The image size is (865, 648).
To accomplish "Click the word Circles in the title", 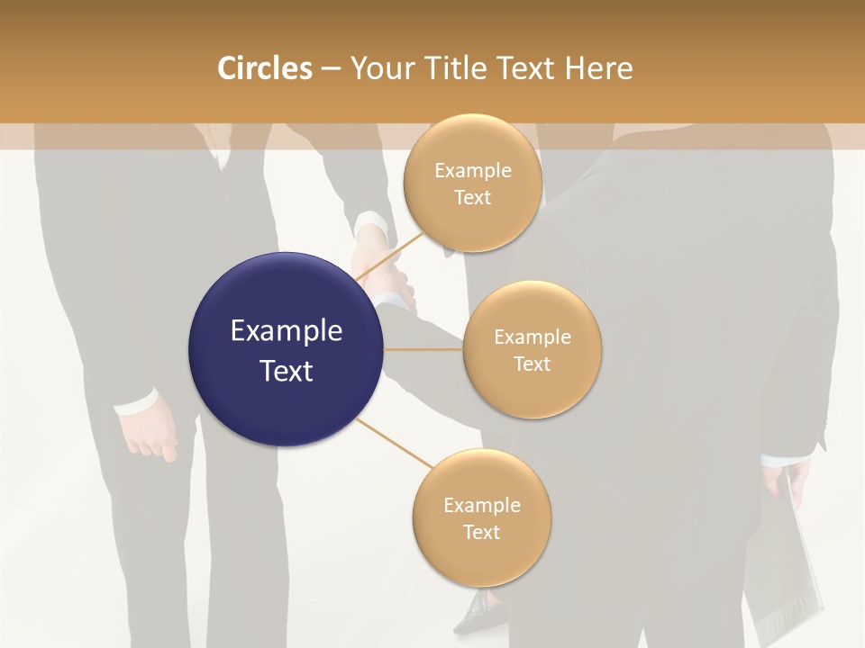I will coord(264,68).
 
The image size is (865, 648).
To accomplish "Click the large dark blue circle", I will coord(286,349).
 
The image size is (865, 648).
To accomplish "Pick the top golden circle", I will coord(472,183).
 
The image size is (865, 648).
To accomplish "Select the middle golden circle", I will coord(533,349).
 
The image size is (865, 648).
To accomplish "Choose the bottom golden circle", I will coord(481,517).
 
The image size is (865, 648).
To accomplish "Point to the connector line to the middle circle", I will coord(423,349).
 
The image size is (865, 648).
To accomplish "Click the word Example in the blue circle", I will coord(286,331).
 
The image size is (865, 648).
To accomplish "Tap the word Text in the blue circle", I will coord(286,371).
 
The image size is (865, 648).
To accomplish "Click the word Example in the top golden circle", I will coord(472,170).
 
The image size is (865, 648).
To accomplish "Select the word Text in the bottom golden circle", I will coord(481,532).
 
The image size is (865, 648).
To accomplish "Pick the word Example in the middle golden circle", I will coord(533,337).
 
